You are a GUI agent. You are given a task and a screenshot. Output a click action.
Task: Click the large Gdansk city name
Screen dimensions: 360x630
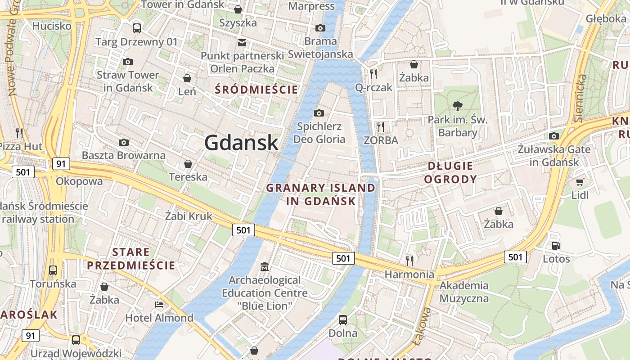(x=242, y=143)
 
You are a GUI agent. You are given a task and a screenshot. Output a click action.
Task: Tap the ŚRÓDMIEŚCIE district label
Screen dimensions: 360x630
(x=256, y=90)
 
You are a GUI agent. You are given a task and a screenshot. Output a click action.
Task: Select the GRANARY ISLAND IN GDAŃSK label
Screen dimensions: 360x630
(x=321, y=194)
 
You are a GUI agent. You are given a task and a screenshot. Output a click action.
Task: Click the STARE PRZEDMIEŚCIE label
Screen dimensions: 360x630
(x=131, y=259)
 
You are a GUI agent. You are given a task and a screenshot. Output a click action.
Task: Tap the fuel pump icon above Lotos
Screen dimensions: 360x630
(x=556, y=246)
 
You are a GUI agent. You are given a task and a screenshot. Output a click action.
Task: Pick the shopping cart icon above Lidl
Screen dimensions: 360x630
(x=580, y=182)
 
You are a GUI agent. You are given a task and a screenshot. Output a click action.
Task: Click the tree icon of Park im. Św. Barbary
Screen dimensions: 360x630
(x=458, y=106)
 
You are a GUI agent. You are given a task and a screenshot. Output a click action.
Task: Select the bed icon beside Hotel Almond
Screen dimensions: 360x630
(x=159, y=305)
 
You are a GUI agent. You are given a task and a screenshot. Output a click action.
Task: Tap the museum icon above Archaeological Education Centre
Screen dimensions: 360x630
(x=265, y=267)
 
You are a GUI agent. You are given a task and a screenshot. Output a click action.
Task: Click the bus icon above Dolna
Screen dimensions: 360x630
(x=343, y=320)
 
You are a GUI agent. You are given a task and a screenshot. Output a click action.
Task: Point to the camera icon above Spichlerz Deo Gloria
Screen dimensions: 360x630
(x=319, y=113)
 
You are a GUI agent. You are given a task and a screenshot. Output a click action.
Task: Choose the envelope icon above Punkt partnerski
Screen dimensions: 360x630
(x=242, y=43)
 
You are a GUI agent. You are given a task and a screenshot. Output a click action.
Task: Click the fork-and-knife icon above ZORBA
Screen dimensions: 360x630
(x=381, y=127)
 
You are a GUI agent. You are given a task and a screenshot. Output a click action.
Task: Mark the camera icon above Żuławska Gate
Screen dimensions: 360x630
(x=554, y=136)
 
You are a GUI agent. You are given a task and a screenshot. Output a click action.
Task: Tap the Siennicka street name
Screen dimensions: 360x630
(x=580, y=99)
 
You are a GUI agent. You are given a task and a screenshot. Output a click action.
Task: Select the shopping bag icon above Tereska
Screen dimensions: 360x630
(x=188, y=164)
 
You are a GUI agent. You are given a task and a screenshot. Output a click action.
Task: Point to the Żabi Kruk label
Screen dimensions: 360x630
(x=189, y=216)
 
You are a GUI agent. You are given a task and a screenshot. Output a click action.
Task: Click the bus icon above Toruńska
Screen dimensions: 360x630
(x=53, y=270)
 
